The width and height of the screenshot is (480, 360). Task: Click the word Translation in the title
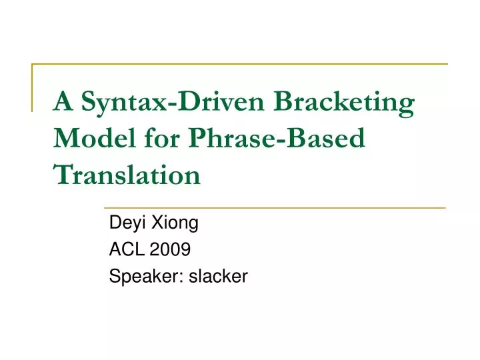coord(127,175)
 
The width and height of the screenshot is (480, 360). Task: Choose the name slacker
coord(218,276)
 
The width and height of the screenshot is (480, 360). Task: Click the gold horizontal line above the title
coord(240,64)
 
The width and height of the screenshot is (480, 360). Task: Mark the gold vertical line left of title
coord(32,87)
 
